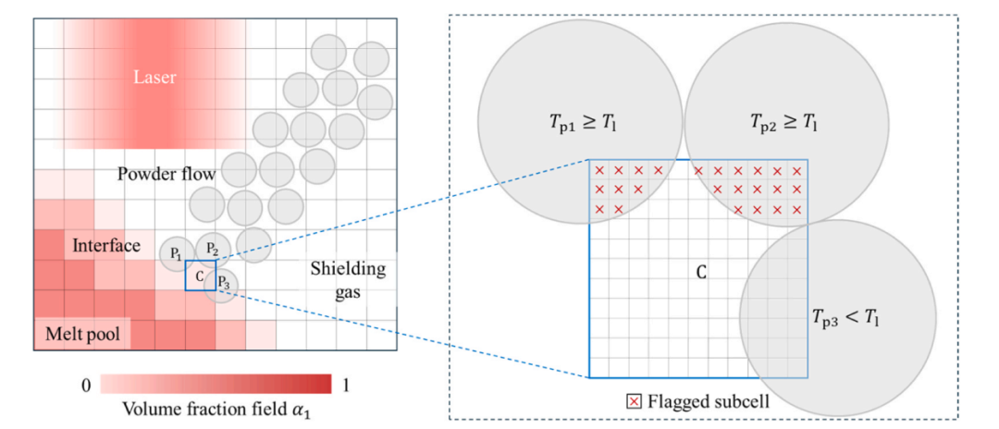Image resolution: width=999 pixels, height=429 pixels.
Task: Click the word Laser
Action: (x=154, y=78)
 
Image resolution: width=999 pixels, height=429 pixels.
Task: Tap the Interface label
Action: (x=106, y=246)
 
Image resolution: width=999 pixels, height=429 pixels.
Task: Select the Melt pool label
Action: (x=82, y=334)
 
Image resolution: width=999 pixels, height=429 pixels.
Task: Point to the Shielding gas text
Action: (x=348, y=280)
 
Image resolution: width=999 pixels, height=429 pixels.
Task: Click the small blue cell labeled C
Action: (x=201, y=275)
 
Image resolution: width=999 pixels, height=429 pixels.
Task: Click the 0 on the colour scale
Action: (x=87, y=386)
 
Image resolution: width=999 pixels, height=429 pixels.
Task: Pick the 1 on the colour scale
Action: (x=346, y=386)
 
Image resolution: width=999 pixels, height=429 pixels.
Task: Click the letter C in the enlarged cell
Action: (x=699, y=273)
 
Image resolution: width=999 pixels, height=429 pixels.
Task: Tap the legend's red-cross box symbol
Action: (x=632, y=402)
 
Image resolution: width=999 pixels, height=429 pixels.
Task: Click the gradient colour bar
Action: (x=216, y=385)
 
